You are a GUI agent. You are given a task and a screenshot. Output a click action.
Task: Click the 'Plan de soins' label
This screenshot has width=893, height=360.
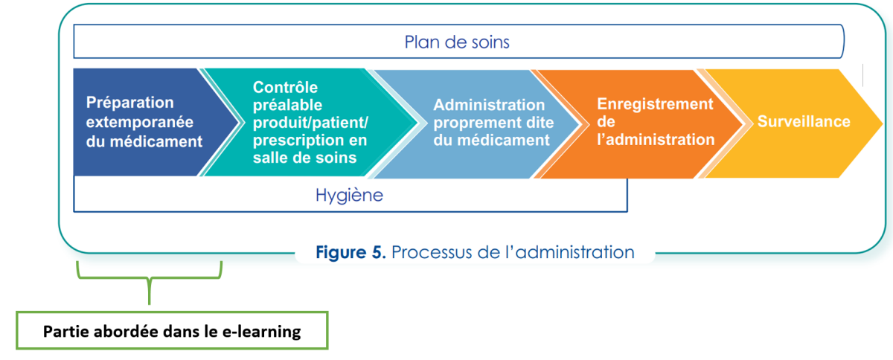coord(457,42)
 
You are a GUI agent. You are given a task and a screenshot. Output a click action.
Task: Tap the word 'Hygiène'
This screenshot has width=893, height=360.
coord(349,196)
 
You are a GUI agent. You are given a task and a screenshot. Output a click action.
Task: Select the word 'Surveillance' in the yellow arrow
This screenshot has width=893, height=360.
coord(804,121)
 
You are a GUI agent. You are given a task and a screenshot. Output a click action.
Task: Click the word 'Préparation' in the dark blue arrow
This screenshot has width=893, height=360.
coord(130,103)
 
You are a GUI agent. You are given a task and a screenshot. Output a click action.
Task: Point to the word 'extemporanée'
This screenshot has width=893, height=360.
coord(140,122)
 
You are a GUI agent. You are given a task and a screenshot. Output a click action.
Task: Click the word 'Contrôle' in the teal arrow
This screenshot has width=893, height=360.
coord(285,87)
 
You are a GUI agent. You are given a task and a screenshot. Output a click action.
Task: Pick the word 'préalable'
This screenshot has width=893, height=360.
coord(287,105)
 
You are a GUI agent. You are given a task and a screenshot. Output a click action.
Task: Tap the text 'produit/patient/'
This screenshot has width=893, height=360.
coord(310,123)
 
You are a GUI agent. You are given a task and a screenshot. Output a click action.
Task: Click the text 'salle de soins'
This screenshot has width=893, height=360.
coord(304,158)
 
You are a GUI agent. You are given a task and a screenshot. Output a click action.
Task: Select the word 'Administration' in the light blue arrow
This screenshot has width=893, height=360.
coord(489,105)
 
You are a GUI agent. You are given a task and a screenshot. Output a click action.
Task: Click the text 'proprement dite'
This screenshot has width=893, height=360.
coord(493,123)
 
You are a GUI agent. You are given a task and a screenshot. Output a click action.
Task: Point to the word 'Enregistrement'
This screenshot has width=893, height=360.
coord(655,103)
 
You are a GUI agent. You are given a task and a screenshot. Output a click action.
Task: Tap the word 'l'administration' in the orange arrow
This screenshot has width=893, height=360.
coord(656,140)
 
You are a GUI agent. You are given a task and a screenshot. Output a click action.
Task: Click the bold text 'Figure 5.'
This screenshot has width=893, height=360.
coord(351,252)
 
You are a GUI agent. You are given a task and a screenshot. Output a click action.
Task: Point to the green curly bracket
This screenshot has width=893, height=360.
coord(149,278)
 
